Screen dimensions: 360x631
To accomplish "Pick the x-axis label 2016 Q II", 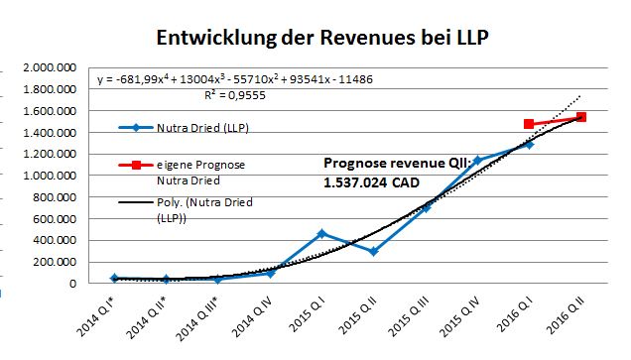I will (568, 317).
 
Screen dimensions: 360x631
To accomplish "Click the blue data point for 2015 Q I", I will (321, 233).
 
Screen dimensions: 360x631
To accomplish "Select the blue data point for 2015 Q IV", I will (477, 160).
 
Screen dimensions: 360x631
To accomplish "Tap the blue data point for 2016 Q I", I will (529, 144).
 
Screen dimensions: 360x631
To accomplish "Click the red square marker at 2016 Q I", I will (529, 124).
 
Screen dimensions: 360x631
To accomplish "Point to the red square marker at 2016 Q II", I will (581, 117).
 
